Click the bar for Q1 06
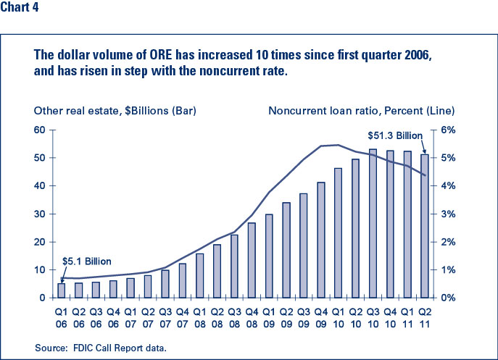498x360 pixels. pyautogui.click(x=62, y=290)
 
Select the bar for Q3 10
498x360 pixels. pyautogui.click(x=373, y=224)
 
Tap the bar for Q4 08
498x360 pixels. pyautogui.click(x=252, y=260)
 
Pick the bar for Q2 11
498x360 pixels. pyautogui.click(x=425, y=226)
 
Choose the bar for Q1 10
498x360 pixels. pyautogui.click(x=339, y=233)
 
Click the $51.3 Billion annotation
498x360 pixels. pyautogui.click(x=395, y=135)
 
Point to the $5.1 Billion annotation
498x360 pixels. pyautogui.click(x=87, y=261)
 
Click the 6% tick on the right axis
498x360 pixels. pyautogui.click(x=448, y=130)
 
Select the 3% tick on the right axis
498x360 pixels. pyautogui.click(x=448, y=214)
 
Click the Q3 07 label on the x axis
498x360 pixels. pyautogui.click(x=165, y=318)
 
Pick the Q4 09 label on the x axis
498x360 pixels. pyautogui.click(x=321, y=318)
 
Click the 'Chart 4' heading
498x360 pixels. pyautogui.click(x=20, y=7)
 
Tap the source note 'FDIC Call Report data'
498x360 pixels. pyautogui.click(x=120, y=348)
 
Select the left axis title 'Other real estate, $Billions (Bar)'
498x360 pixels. pyautogui.click(x=115, y=111)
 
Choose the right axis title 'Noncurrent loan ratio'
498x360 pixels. pyautogui.click(x=325, y=111)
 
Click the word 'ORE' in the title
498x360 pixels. pyautogui.click(x=161, y=54)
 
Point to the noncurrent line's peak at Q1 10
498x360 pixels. pyautogui.click(x=339, y=145)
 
